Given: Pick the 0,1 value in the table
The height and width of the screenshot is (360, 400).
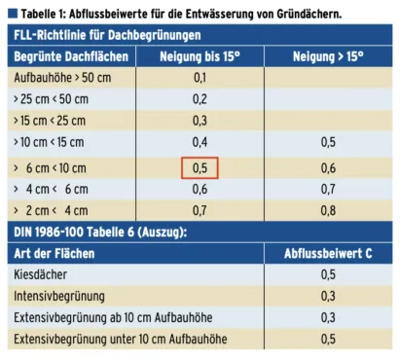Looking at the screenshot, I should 200,77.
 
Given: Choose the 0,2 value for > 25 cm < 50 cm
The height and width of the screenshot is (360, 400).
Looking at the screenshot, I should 200,98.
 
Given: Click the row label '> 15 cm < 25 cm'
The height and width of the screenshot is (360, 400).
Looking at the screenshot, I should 50,121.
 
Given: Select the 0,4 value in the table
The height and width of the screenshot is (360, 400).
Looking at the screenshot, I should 200,142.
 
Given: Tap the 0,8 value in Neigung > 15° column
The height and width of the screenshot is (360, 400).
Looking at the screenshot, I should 328,208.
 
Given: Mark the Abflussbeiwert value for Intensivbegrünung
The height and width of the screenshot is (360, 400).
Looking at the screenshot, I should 328,296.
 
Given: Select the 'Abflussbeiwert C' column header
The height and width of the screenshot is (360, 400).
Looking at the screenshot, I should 328,252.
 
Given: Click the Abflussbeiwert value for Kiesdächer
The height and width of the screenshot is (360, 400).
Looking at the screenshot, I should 328,274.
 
